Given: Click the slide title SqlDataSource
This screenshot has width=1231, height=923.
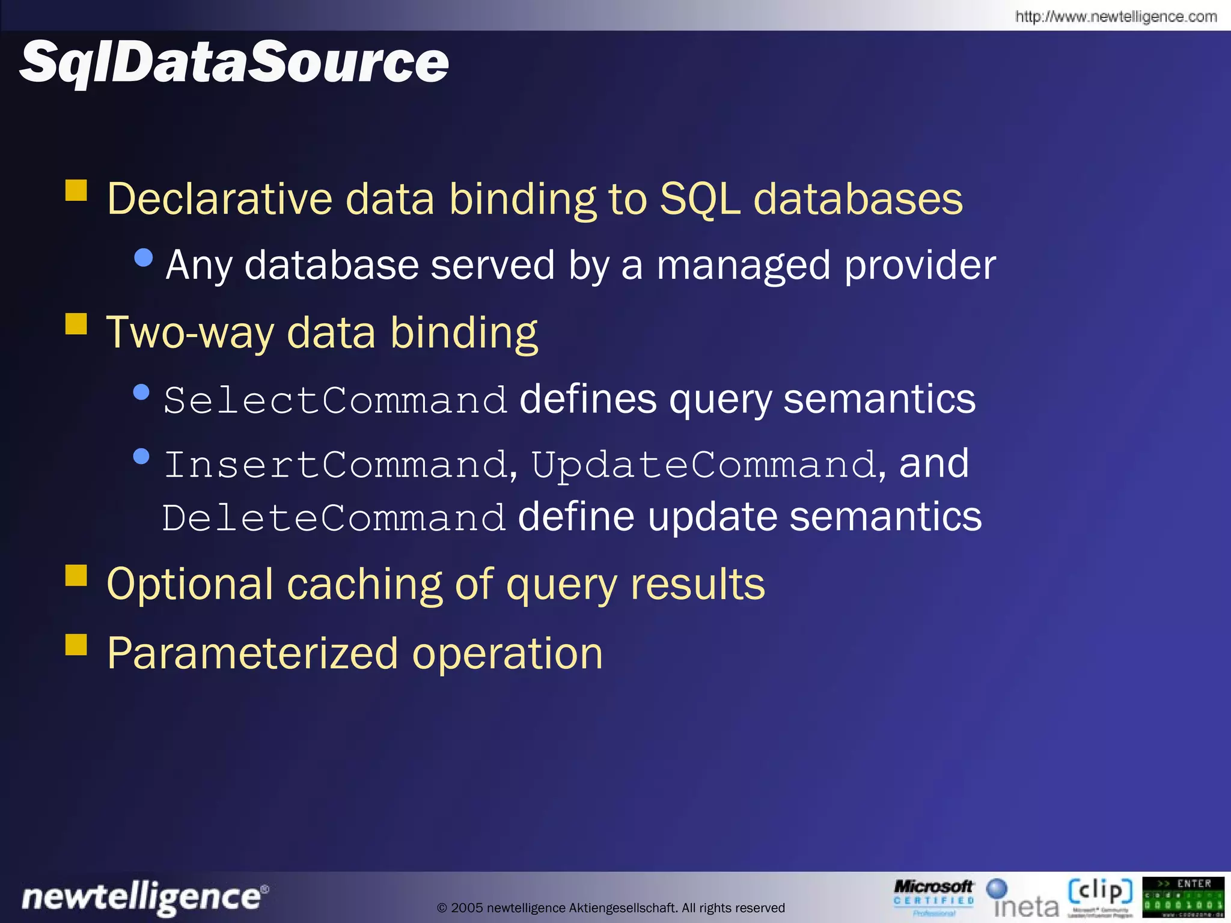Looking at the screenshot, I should (x=234, y=62).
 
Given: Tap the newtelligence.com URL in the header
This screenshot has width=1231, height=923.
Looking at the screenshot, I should (x=1116, y=16).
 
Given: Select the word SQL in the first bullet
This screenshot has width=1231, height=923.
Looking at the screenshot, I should (x=699, y=199).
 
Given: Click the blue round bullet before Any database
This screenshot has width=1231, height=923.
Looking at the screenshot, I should (x=144, y=258).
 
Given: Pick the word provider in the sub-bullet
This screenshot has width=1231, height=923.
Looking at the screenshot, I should (x=920, y=266).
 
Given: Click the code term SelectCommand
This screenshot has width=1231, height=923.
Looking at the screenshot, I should (x=335, y=400).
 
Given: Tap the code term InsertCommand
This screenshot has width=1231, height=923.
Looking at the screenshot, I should (x=335, y=465).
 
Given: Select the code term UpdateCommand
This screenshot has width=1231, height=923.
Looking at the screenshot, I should (x=703, y=465).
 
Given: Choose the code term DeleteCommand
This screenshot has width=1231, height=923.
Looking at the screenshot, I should (x=334, y=518).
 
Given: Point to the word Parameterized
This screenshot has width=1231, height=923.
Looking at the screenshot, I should (x=252, y=654).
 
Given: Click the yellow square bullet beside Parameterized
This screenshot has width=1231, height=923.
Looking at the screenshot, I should (x=76, y=645).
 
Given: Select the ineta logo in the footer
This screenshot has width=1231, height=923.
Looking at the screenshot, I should (x=1023, y=899).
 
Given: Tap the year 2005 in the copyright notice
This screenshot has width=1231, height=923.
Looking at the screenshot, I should (x=467, y=908).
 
